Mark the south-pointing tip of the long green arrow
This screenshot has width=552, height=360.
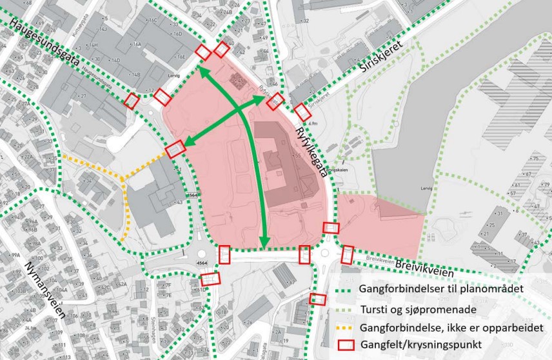point(264,245)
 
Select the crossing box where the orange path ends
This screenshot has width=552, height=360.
point(175,149)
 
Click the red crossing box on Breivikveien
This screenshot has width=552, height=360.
point(348,255)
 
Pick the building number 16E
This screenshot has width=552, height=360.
point(181,57)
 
